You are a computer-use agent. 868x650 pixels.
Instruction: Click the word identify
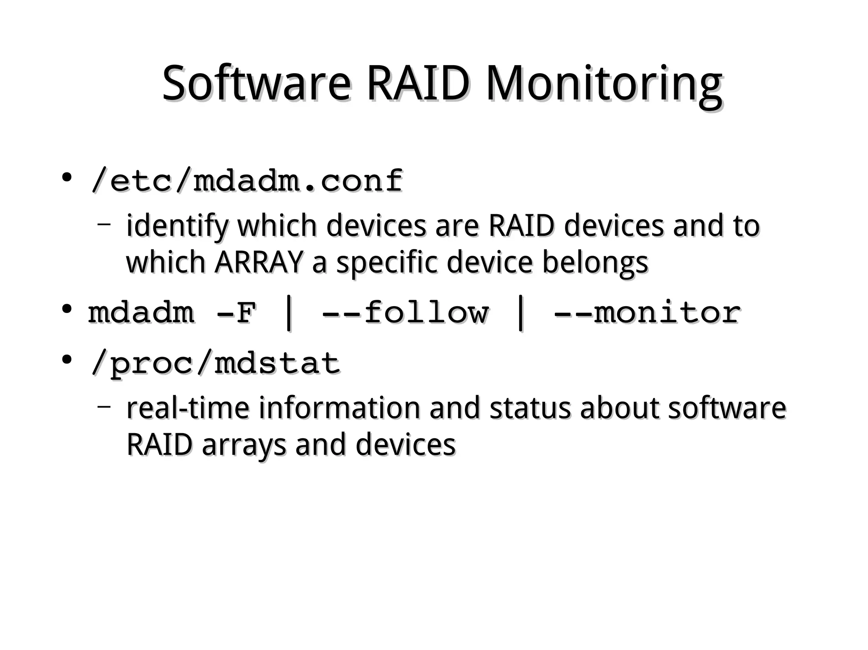pos(177,226)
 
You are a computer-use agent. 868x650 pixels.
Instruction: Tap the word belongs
pos(595,263)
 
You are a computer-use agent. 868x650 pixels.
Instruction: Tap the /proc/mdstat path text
pos(215,363)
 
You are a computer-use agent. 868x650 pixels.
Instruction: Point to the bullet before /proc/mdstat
pos(66,360)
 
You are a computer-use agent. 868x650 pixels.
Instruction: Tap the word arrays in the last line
pos(244,445)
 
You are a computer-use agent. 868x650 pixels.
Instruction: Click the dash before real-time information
pos(104,407)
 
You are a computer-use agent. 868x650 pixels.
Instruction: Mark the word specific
pos(387,263)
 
